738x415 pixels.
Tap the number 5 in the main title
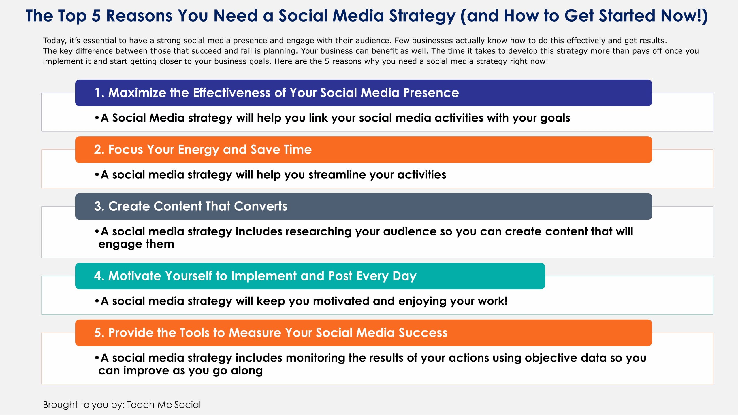point(96,16)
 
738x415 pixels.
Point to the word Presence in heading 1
point(431,93)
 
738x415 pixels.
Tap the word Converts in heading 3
point(261,206)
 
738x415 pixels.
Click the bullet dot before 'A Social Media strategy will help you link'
point(97,118)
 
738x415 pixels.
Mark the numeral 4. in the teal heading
point(99,276)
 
